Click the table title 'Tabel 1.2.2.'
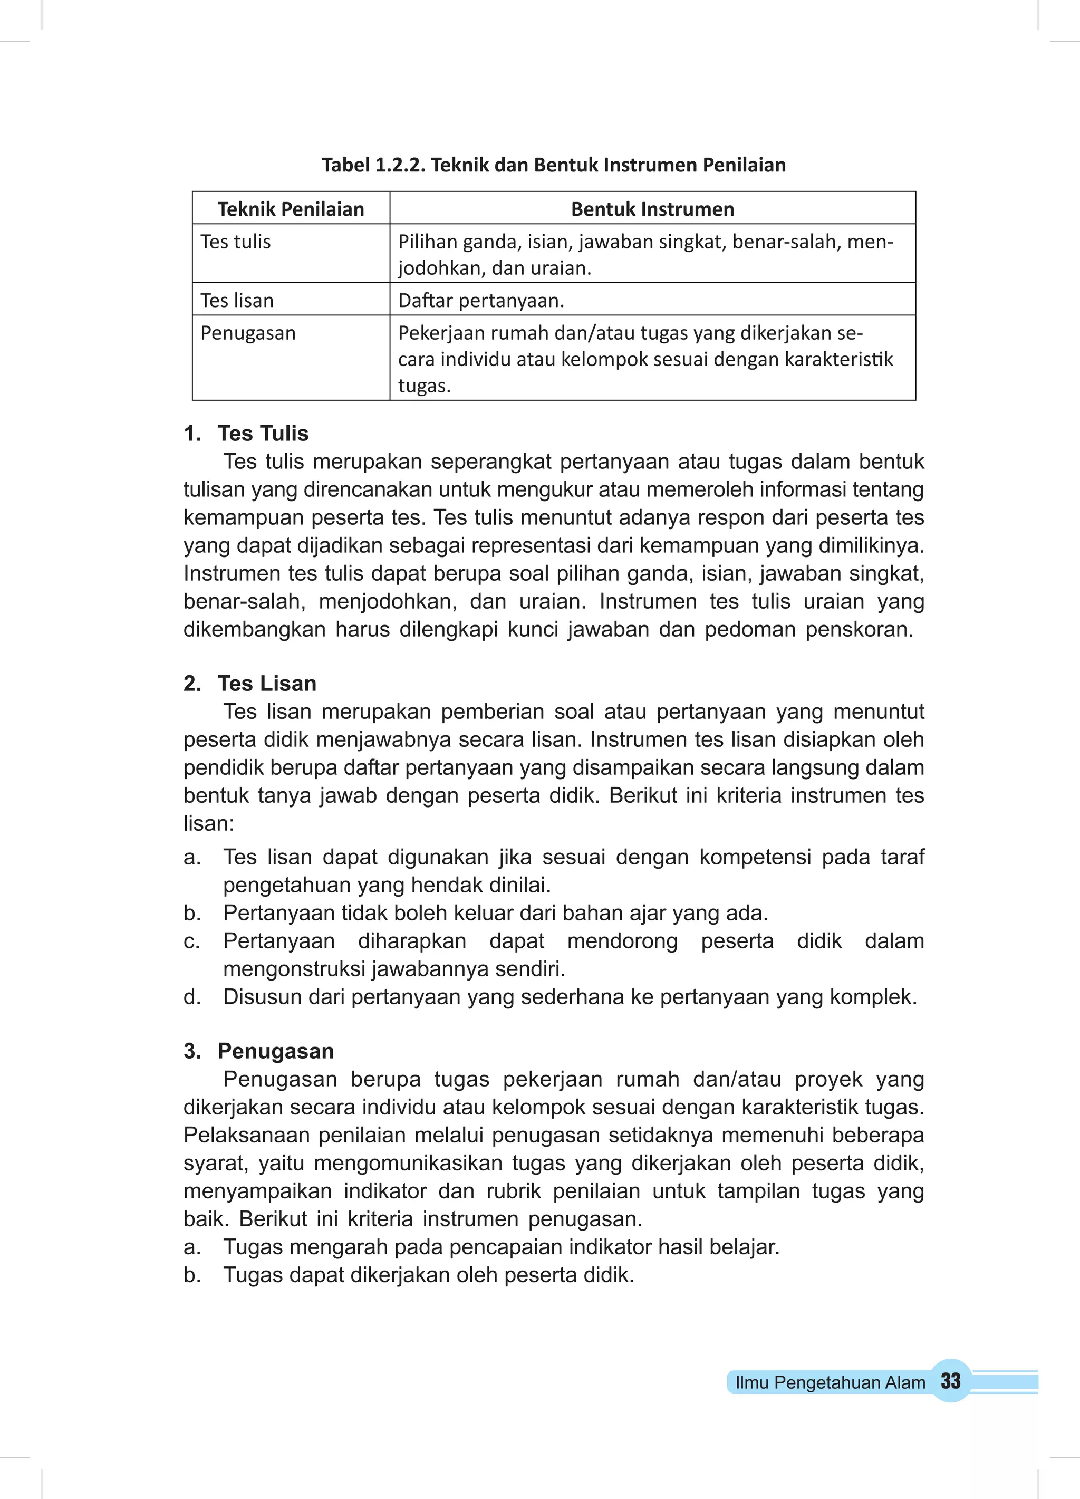click(x=374, y=165)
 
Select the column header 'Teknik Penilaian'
click(x=291, y=209)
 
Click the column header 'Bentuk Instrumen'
click(x=652, y=209)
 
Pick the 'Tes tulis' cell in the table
click(x=236, y=242)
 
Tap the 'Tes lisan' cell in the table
click(x=237, y=301)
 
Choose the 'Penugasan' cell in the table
click(x=248, y=333)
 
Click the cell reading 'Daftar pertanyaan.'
click(x=481, y=301)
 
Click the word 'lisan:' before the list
click(x=209, y=823)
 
